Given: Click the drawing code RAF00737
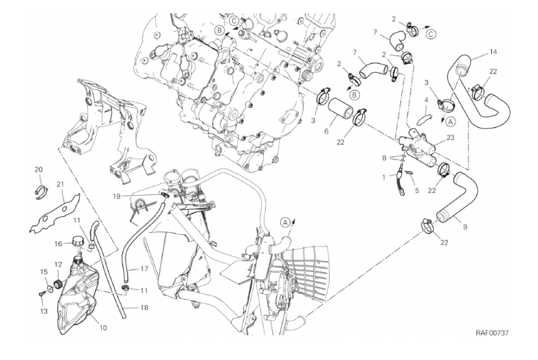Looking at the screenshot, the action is (x=492, y=333).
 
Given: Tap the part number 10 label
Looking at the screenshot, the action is (x=103, y=328).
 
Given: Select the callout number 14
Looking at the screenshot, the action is (x=493, y=52).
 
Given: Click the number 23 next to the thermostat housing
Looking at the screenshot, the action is (x=450, y=137).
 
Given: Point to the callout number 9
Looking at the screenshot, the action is (x=465, y=227).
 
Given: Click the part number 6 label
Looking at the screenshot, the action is (x=326, y=132).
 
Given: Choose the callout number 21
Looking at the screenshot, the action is (x=60, y=185).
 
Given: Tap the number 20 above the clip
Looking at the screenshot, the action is (x=38, y=169).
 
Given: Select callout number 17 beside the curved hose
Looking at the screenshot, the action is (x=144, y=269).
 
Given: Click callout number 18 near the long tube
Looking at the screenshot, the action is (x=144, y=308).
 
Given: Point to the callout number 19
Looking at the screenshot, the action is (x=117, y=196).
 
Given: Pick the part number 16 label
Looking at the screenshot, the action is (x=58, y=244).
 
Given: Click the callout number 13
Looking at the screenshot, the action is (x=43, y=312).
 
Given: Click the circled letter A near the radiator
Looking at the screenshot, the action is (x=285, y=223).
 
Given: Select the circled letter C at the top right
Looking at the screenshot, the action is (x=431, y=34).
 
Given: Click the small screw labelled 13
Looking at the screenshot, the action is (x=42, y=293).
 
